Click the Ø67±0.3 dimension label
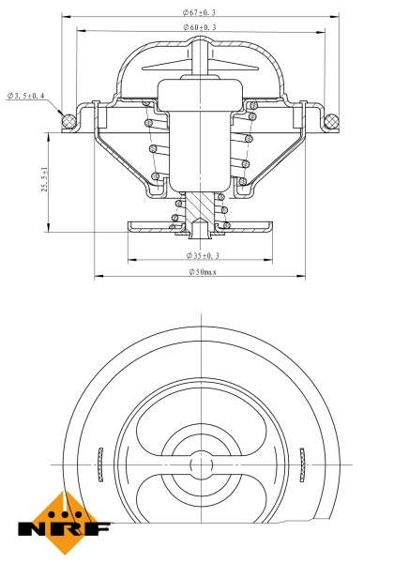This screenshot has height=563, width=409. (x=200, y=12)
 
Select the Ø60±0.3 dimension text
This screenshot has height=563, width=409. (x=200, y=28)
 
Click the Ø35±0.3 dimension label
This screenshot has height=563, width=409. (x=203, y=254)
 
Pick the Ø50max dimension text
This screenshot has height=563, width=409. (x=202, y=271)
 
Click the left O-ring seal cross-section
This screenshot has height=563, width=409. (x=68, y=120)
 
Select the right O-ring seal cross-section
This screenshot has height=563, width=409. (x=330, y=120)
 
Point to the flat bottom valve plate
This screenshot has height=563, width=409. (x=150, y=226)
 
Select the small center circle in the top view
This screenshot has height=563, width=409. (x=199, y=464)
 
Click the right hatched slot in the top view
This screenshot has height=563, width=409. (x=302, y=464)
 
